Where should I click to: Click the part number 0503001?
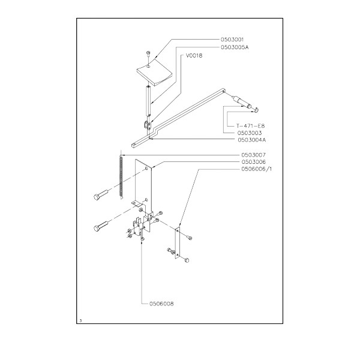point(232,40)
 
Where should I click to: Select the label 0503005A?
point(235,47)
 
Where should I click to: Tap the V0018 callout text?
point(194,56)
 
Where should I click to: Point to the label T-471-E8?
point(250,126)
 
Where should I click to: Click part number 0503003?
point(250,133)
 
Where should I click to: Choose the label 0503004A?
point(252,140)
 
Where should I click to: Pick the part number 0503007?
point(253,155)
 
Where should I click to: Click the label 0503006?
point(253,162)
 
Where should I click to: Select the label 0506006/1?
point(256,169)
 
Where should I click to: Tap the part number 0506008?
point(161,304)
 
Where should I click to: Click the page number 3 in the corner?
point(80,321)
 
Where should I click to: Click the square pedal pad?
point(154,72)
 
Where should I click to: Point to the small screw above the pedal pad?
point(148,54)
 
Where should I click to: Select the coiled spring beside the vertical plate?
point(121,176)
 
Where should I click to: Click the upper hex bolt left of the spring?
point(100,194)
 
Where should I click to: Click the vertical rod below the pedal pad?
point(148,101)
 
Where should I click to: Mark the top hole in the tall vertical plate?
point(146,169)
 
